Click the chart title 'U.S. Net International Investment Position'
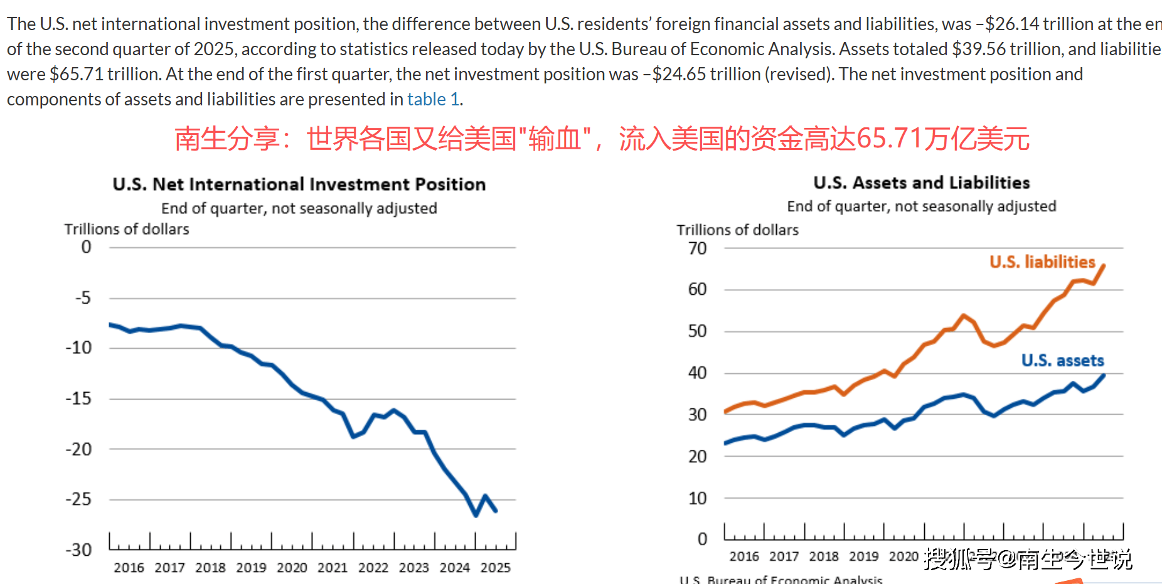(299, 184)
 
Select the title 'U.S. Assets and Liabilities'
(921, 183)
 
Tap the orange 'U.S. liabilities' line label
(1042, 262)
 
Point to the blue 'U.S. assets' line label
(1062, 360)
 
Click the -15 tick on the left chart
(78, 398)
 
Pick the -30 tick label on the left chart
(78, 549)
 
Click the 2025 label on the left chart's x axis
(495, 568)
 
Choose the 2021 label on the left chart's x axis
(332, 568)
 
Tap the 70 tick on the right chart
(697, 248)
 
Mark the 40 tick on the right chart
(697, 373)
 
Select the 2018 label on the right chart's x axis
(823, 556)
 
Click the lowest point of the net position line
(476, 515)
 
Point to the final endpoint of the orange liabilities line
(1104, 265)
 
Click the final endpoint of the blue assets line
(1104, 375)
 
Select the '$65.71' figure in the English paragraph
(77, 74)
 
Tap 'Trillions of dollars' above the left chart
(126, 229)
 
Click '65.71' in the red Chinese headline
(889, 139)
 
